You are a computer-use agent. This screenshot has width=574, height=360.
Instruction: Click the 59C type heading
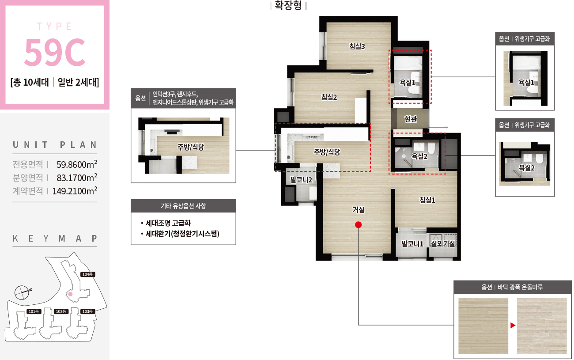55,53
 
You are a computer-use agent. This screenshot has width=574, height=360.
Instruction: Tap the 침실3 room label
357,46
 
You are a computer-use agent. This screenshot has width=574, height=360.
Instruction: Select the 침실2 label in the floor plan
329,97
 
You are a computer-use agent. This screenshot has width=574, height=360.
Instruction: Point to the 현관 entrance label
411,119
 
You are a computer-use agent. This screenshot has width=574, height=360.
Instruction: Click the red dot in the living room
358,225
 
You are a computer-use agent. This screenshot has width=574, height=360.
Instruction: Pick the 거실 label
358,210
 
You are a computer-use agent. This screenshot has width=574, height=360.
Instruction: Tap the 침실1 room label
427,200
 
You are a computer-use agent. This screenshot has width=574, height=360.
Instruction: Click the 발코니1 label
412,243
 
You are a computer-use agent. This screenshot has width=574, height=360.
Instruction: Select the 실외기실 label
443,243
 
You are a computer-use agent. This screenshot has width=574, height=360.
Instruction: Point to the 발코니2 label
301,180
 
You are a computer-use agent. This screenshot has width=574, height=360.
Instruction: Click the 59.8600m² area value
77,164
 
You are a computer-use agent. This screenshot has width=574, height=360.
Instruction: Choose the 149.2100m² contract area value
75,191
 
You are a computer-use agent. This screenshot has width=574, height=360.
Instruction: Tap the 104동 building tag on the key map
87,274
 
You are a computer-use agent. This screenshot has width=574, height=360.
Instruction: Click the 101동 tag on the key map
34,311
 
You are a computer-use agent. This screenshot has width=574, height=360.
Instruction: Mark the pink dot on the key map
70,294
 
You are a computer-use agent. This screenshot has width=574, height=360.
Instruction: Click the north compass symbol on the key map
22,292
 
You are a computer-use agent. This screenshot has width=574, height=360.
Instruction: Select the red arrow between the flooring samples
513,326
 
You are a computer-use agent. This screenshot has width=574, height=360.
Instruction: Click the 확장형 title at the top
288,5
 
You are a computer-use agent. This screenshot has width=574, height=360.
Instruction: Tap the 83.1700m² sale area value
77,178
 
